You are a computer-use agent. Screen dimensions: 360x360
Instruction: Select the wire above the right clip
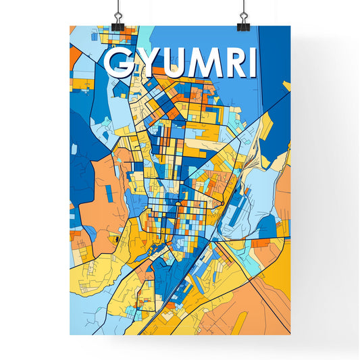(242, 8)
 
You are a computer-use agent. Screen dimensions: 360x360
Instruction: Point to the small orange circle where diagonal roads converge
(222, 203)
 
